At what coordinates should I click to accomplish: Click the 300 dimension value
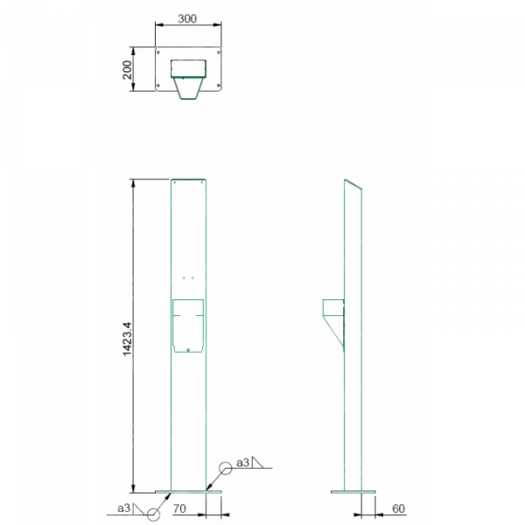tap(187, 18)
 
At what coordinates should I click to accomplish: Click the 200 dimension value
tap(127, 70)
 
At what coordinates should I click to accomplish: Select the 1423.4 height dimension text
tap(127, 339)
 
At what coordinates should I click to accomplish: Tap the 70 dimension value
tap(179, 508)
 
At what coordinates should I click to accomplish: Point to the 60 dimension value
tap(398, 508)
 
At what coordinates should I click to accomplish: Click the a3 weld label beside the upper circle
tap(242, 463)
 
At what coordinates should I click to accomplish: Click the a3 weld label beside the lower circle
tap(123, 508)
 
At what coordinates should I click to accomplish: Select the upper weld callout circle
tap(226, 468)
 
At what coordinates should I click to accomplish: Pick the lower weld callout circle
tap(153, 514)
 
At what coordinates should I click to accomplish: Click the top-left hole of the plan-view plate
tap(158, 52)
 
